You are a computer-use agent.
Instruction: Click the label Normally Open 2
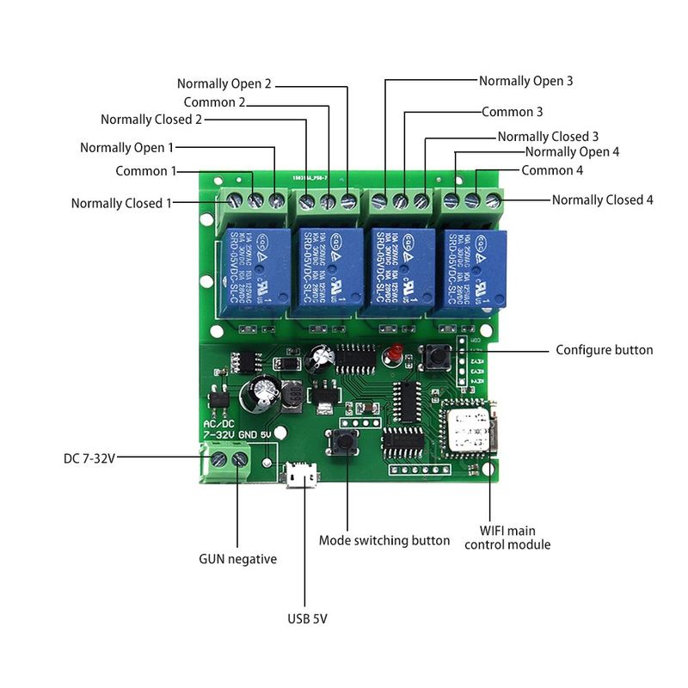(x=224, y=83)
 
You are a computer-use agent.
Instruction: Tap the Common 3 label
(x=512, y=112)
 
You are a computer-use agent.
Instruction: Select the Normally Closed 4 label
(x=602, y=200)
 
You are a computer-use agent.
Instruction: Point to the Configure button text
(x=604, y=350)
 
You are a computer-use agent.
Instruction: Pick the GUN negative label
(x=237, y=559)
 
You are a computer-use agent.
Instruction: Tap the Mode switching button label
(x=384, y=540)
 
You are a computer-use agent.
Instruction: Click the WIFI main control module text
(x=507, y=537)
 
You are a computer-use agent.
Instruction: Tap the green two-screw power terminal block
(x=228, y=463)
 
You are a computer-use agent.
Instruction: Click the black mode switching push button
(x=348, y=444)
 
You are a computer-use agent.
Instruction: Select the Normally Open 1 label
(x=126, y=148)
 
